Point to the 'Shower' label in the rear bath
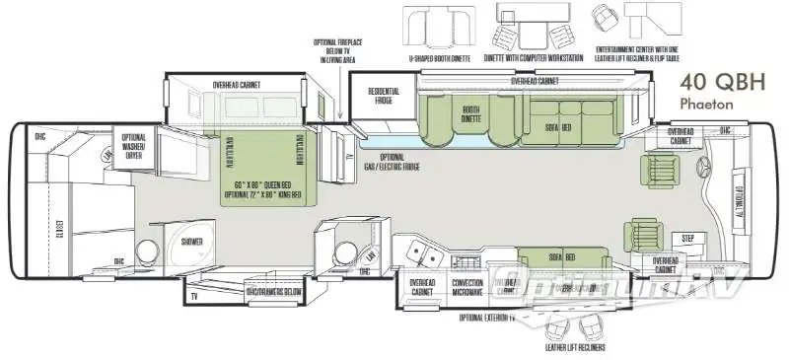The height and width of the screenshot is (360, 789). pyautogui.click(x=191, y=241)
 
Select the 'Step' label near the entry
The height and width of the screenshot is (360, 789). pyautogui.click(x=687, y=239)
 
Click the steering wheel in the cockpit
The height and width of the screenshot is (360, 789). pyautogui.click(x=704, y=166)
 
